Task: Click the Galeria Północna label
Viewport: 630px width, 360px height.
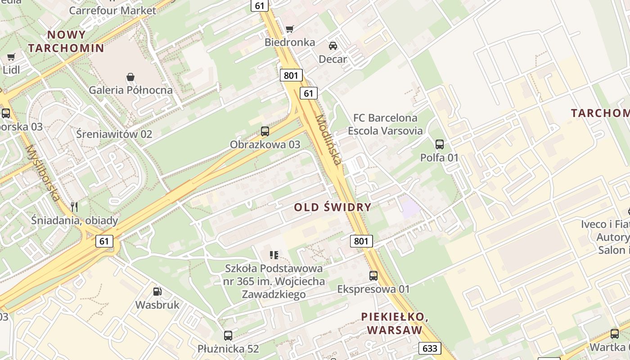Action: click(x=130, y=90)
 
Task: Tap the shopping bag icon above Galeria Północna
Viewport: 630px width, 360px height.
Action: click(x=130, y=77)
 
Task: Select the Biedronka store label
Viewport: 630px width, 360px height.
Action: click(x=290, y=42)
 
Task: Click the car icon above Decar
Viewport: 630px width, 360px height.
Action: click(x=333, y=45)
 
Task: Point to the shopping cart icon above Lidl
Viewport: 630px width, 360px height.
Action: click(x=11, y=57)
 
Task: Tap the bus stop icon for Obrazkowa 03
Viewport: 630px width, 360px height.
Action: click(x=265, y=131)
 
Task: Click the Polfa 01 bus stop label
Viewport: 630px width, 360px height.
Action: click(x=439, y=157)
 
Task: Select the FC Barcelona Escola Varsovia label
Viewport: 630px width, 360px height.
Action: click(x=385, y=124)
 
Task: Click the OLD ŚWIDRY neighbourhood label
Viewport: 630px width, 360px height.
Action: click(x=333, y=207)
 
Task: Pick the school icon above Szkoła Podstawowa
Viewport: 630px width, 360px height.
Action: click(x=274, y=255)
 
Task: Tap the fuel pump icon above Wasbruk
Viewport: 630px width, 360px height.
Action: click(x=157, y=292)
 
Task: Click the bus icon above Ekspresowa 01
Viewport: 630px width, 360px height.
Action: click(x=373, y=276)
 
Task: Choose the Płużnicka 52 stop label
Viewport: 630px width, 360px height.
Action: click(x=228, y=349)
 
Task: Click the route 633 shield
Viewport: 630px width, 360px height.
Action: click(x=430, y=348)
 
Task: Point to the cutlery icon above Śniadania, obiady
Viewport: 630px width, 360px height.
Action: click(x=74, y=207)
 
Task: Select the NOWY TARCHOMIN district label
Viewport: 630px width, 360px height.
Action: click(x=66, y=41)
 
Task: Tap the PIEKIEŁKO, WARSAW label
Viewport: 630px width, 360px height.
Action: click(x=395, y=323)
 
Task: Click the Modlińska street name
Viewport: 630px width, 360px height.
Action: click(x=329, y=139)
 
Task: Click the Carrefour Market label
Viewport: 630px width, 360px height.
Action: click(x=112, y=10)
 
